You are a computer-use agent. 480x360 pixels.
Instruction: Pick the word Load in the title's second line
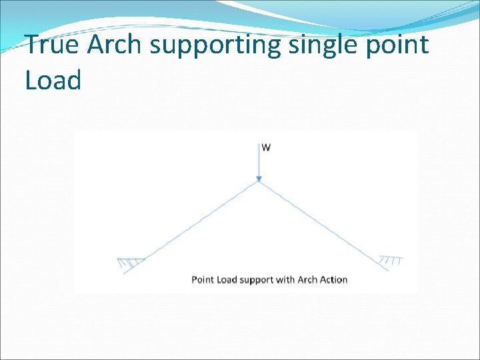pos(53,81)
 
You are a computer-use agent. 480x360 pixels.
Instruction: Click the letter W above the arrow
pos(266,147)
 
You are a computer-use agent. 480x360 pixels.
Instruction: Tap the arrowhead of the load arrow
pos(259,178)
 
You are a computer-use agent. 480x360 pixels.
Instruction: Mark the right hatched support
pos(390,260)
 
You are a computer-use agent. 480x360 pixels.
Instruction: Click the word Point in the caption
pos(203,279)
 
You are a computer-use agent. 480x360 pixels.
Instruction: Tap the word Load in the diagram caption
pos(227,279)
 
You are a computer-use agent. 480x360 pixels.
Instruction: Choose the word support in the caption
pos(257,280)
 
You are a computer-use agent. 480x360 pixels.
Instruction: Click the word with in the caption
pos(287,279)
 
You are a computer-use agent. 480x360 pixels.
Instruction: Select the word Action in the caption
pos(334,279)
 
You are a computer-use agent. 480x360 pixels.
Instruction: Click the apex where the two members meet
pos(259,183)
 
